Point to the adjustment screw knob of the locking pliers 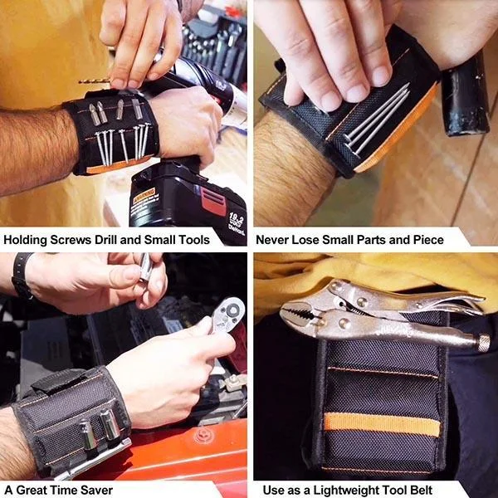point(483,342)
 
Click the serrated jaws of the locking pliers point(303,314)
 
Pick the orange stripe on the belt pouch point(382,424)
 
